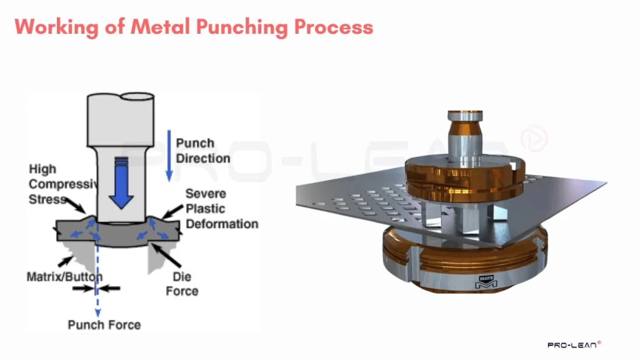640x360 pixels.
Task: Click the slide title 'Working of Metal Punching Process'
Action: coord(194,27)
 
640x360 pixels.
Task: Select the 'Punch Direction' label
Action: coord(202,151)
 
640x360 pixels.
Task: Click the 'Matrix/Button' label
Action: coord(64,276)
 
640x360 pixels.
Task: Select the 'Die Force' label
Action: coord(182,284)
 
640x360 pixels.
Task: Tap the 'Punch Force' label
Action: coord(104,324)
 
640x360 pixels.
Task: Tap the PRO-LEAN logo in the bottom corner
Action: coord(574,344)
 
